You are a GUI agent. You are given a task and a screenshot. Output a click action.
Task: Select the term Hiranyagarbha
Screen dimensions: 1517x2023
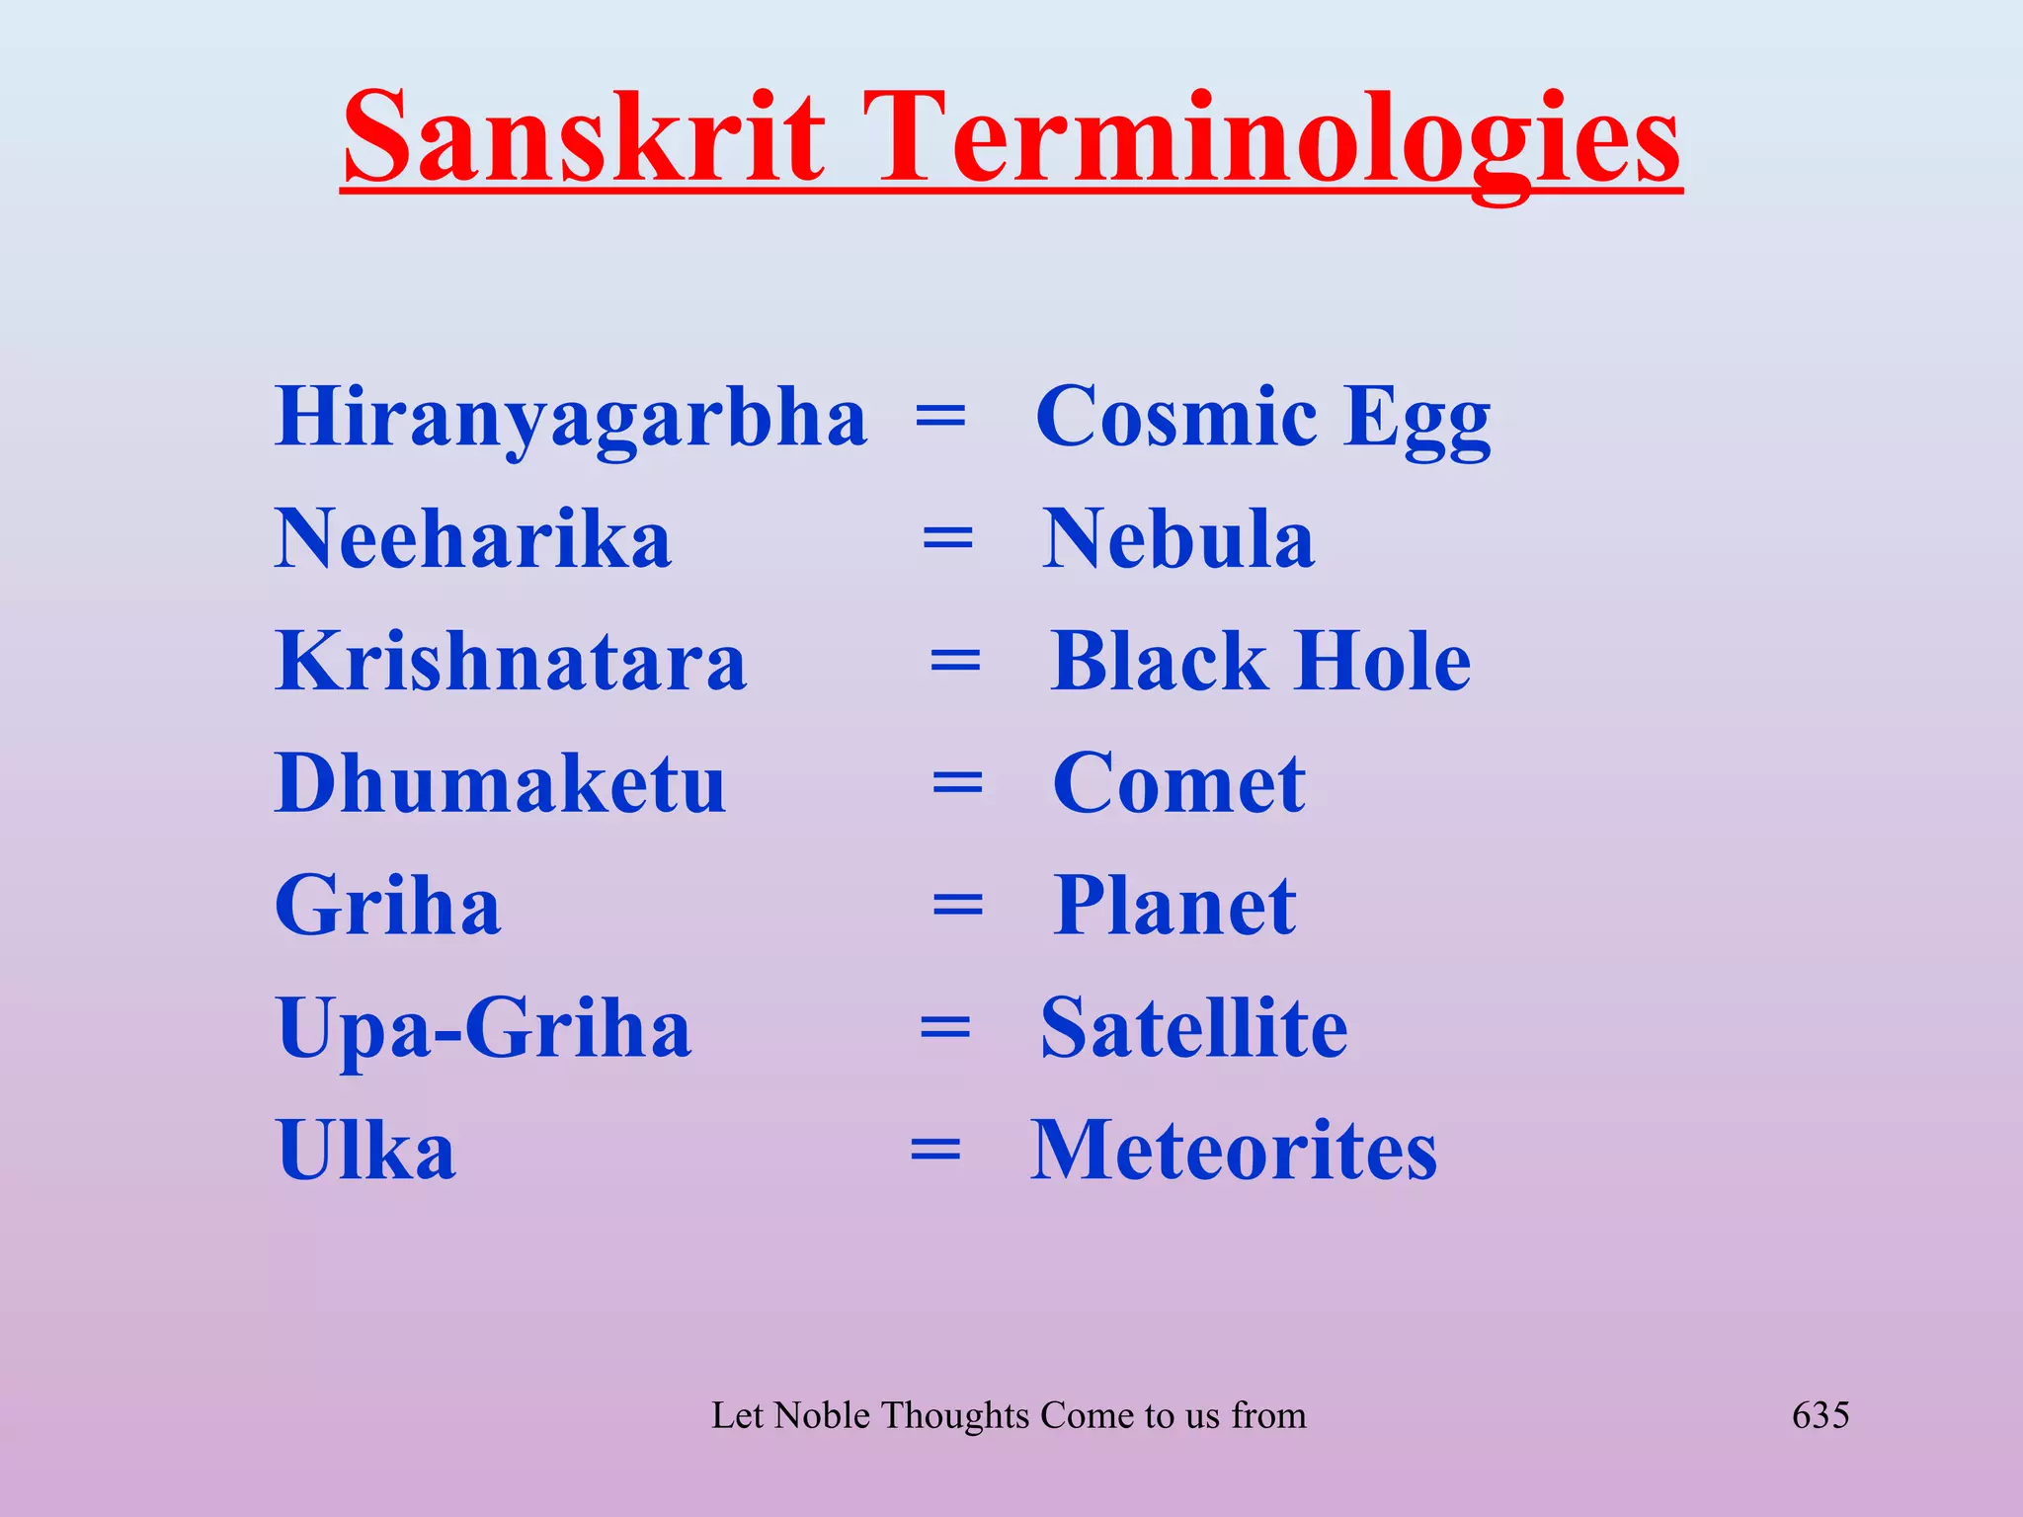[571, 418]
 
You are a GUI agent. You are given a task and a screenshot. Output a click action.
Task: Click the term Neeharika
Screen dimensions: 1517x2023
[473, 539]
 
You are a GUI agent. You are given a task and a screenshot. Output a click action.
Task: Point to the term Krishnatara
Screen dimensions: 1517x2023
[511, 662]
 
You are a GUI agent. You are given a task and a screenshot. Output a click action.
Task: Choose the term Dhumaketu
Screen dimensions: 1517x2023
[501, 784]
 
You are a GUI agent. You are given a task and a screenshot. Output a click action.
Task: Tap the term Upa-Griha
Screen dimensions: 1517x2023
[484, 1029]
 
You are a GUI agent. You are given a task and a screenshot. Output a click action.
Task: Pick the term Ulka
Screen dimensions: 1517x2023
[365, 1151]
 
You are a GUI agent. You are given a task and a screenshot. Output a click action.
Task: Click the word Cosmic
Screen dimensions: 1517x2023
[1175, 417]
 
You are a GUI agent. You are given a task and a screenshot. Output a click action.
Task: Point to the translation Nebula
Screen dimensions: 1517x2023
[1178, 539]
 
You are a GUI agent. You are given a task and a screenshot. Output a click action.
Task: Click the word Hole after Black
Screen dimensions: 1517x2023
[1383, 662]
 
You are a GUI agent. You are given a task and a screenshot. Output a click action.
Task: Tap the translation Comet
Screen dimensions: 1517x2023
[1179, 784]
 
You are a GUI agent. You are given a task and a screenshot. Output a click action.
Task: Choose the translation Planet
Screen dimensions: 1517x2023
[1174, 907]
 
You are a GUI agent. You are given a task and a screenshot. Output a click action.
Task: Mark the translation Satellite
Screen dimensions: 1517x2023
[1194, 1029]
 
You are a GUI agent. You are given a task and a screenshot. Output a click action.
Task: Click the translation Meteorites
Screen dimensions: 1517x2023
[1234, 1151]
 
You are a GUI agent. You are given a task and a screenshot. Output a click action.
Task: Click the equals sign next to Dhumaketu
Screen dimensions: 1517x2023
[957, 785]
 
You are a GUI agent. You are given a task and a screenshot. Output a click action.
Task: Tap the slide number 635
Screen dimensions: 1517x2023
[1821, 1415]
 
